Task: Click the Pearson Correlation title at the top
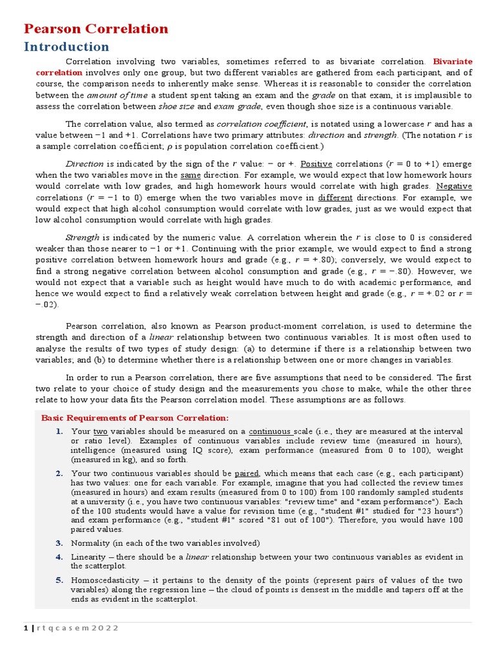(96, 29)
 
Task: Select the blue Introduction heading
(67, 47)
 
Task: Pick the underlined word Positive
(316, 164)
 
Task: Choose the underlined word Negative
(455, 187)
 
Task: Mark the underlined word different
(335, 198)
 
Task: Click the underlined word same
(191, 175)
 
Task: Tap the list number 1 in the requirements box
(58, 431)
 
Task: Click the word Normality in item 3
(91, 543)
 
